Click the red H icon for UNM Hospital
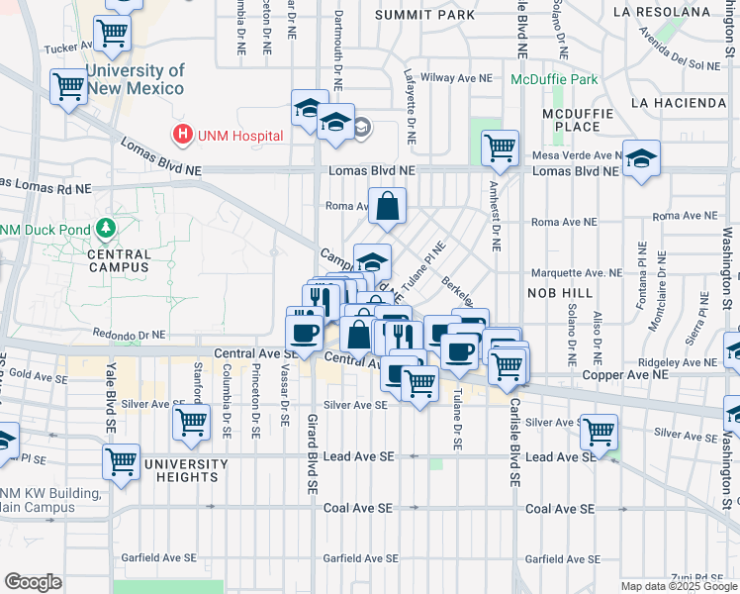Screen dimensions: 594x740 tap(182, 136)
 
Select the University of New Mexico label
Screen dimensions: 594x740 tap(135, 79)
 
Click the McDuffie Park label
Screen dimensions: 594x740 tap(555, 79)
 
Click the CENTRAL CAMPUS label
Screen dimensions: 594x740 tap(119, 260)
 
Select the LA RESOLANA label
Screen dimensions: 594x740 tap(662, 12)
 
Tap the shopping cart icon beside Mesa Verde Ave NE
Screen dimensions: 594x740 tap(500, 148)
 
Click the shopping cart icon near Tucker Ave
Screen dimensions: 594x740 tap(113, 34)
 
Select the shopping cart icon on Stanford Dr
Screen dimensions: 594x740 tap(191, 421)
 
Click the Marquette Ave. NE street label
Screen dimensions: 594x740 tap(575, 272)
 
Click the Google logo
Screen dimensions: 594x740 tap(33, 582)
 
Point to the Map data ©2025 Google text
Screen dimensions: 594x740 tap(679, 586)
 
